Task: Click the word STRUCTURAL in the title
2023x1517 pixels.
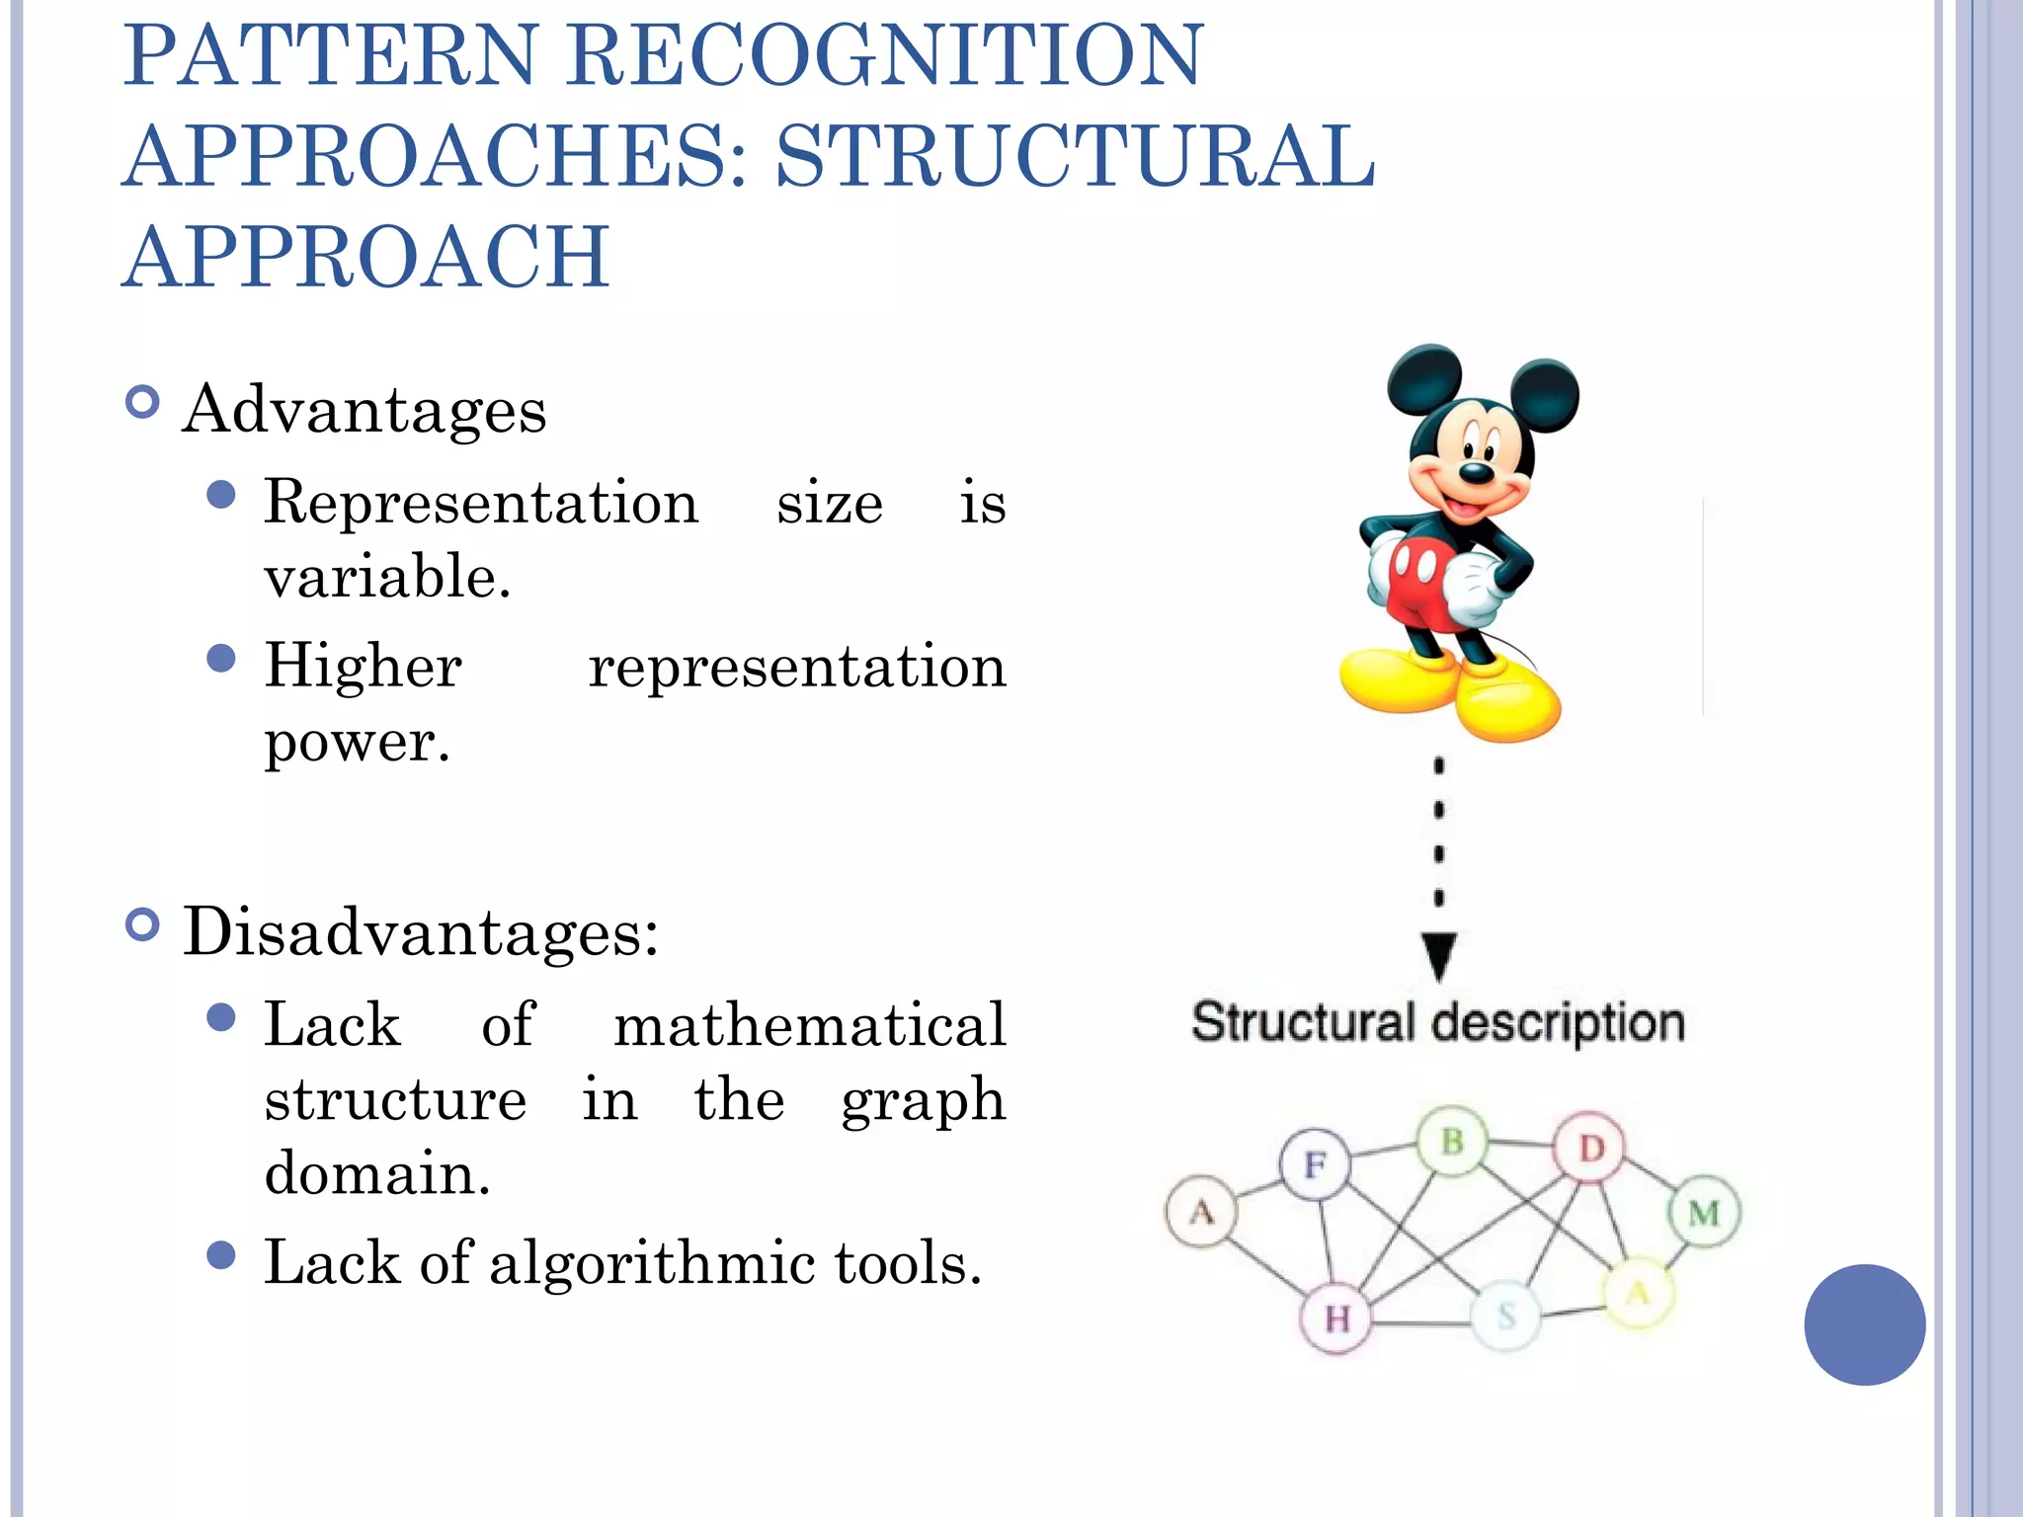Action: (x=1075, y=156)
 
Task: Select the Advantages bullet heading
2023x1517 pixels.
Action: (x=364, y=410)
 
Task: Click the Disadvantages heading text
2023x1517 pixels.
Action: (x=420, y=931)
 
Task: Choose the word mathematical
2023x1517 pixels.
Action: (x=810, y=1024)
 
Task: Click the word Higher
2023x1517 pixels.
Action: (x=364, y=666)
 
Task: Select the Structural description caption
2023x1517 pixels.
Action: (x=1437, y=1022)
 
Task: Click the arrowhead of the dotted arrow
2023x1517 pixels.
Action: (x=1439, y=955)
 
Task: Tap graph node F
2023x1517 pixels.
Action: (x=1315, y=1164)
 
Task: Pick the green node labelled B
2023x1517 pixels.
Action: (x=1452, y=1142)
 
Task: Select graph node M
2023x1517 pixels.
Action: (x=1704, y=1212)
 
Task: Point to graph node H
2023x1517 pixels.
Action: (x=1336, y=1317)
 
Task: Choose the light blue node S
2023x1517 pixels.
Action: (x=1505, y=1316)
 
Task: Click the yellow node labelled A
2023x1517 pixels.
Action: (x=1638, y=1293)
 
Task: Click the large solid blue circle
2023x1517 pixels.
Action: (x=1864, y=1324)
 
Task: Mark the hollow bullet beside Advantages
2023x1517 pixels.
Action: (x=143, y=402)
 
